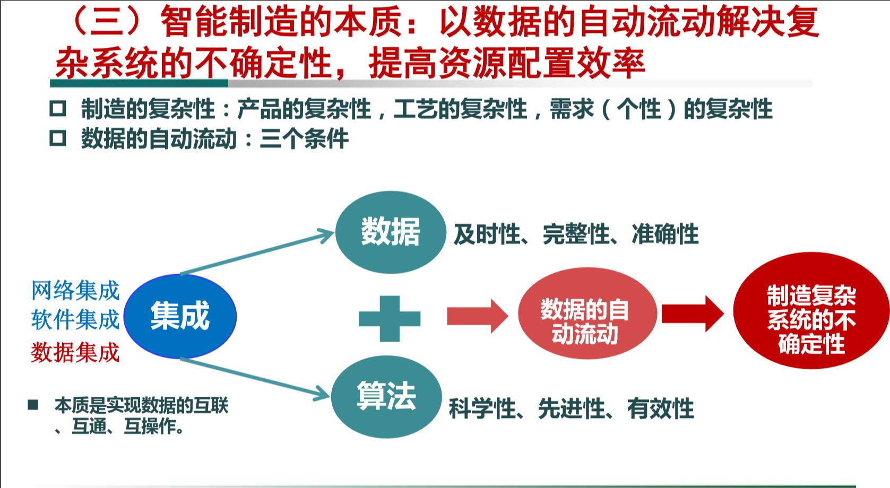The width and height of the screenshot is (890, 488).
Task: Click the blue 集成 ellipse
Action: (180, 316)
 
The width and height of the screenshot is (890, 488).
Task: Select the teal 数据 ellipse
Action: (391, 232)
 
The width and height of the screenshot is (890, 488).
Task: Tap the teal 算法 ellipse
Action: (386, 396)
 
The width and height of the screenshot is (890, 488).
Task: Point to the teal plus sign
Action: (390, 318)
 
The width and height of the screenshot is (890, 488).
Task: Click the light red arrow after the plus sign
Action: (477, 316)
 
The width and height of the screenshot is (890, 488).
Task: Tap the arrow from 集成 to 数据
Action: (257, 252)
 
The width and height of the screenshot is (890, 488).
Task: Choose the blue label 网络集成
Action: (75, 291)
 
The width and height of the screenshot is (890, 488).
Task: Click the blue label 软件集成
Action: (75, 320)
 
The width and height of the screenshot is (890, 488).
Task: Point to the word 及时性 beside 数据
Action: (487, 234)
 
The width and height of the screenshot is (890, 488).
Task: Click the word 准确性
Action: (665, 234)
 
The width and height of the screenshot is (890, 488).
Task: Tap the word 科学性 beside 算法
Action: (482, 409)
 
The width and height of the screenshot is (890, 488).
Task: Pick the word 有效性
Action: (660, 409)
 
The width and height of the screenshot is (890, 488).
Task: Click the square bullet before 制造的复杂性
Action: (57, 109)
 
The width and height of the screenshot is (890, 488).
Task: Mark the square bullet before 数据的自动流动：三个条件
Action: (57, 138)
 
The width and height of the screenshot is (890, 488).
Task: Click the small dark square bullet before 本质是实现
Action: (33, 405)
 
